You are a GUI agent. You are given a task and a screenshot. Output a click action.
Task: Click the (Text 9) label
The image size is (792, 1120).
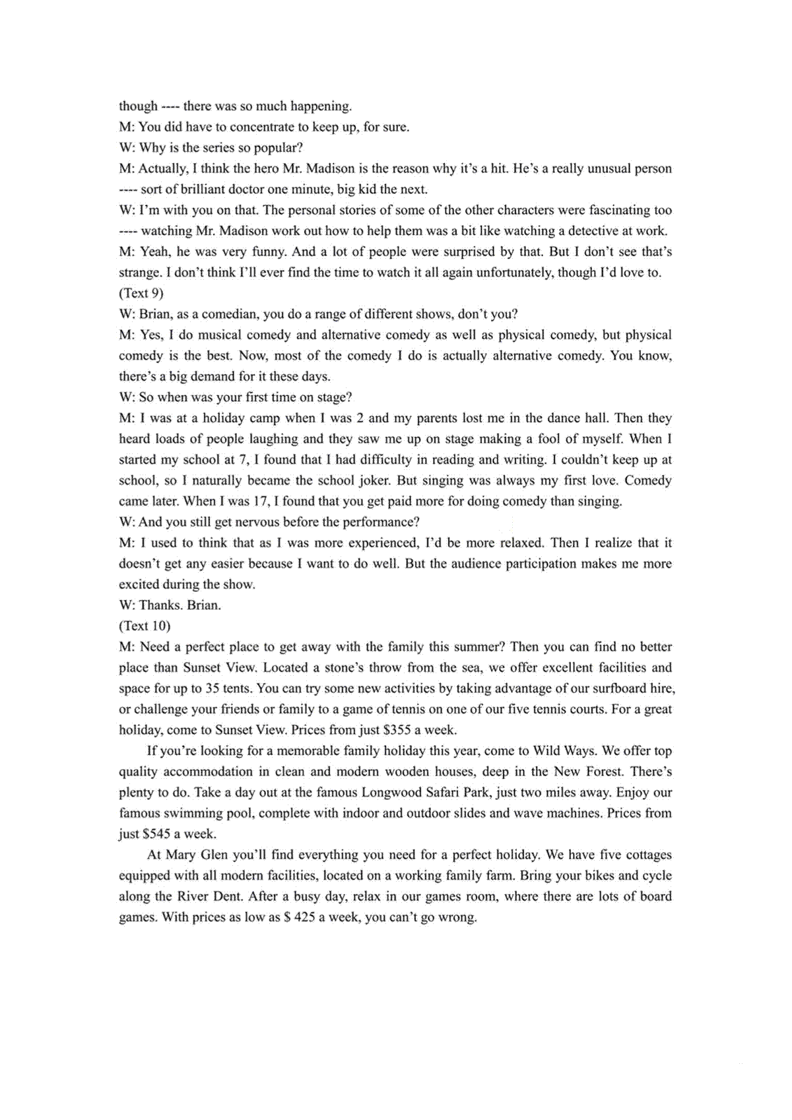click(x=141, y=293)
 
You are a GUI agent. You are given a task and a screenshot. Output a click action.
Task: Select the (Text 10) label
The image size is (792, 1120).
click(x=145, y=626)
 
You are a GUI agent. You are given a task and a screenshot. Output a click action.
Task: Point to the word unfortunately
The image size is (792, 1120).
click(x=513, y=273)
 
